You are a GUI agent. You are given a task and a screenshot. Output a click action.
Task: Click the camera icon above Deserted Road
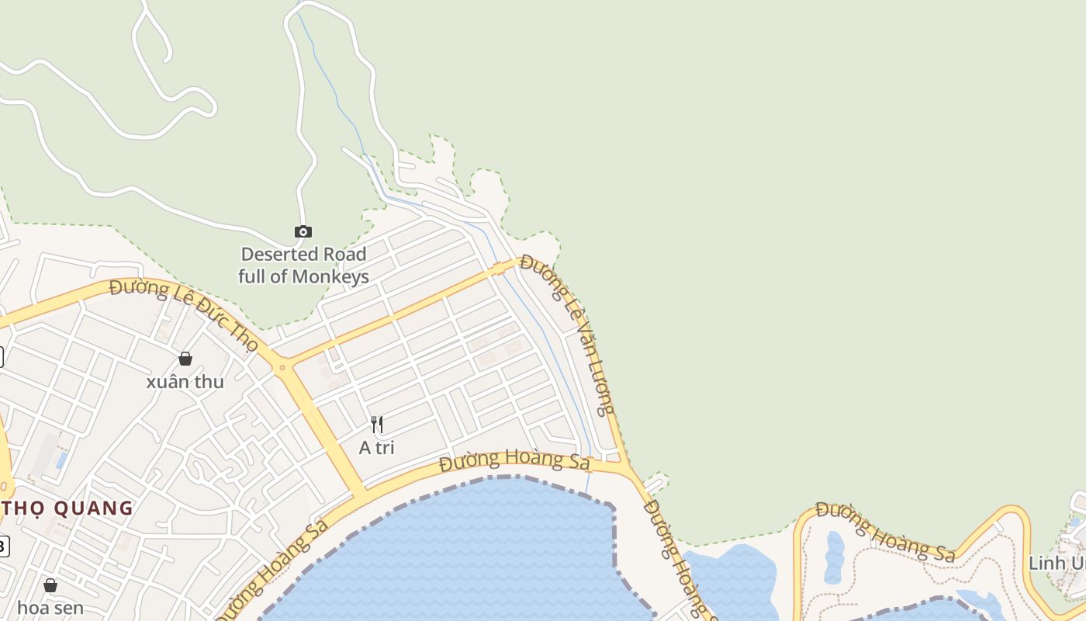pos(303,231)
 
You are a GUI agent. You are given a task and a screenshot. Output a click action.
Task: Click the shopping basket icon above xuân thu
pos(185,359)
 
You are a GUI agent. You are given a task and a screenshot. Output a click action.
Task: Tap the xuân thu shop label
pos(185,382)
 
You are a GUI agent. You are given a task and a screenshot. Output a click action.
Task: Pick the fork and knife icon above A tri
pos(377,425)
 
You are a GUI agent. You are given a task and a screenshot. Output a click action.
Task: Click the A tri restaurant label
pos(377,448)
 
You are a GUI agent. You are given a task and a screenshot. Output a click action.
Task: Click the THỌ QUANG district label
pos(68,508)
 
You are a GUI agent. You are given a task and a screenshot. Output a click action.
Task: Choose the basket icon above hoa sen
pos(50,585)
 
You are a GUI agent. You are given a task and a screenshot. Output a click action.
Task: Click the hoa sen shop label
pos(50,608)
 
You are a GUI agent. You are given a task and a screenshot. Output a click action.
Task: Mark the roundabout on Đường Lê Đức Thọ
pos(282,366)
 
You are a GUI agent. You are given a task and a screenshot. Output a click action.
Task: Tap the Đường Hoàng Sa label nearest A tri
pos(514,460)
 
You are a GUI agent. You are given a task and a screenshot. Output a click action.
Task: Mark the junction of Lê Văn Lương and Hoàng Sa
pos(624,467)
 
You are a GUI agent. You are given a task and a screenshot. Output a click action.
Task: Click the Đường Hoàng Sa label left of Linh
pos(885,533)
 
